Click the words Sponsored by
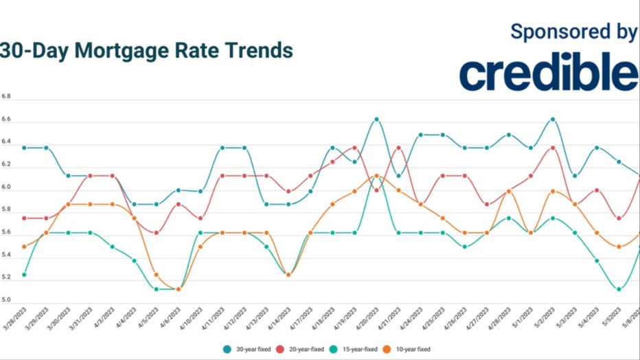(x=574, y=31)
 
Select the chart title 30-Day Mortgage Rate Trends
(x=146, y=51)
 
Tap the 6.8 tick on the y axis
(x=6, y=98)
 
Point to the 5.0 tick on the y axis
(x=6, y=300)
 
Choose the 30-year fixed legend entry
(x=249, y=348)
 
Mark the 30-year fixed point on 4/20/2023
(x=376, y=120)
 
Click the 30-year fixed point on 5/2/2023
(x=553, y=120)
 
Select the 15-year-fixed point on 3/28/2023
(x=24, y=275)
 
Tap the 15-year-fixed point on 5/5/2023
(x=619, y=289)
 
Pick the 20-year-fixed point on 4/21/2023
(x=399, y=148)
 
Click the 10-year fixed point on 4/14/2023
(x=288, y=275)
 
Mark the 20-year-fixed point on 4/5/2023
(x=156, y=233)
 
